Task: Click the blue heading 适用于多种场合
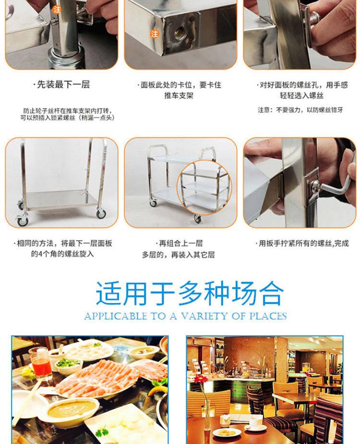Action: (x=190, y=293)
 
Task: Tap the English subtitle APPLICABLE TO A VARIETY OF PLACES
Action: (x=185, y=316)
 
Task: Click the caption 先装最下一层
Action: (x=61, y=85)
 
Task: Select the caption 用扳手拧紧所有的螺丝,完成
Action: (x=302, y=243)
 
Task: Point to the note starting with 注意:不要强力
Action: (x=300, y=110)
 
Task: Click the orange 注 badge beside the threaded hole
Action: (x=155, y=34)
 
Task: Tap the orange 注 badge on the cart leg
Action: (x=57, y=10)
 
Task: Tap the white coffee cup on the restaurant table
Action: (x=255, y=421)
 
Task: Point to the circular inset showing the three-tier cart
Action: (x=204, y=187)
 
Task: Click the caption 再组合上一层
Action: (x=180, y=243)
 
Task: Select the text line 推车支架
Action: (x=179, y=96)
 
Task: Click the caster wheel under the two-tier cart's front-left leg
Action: (x=153, y=203)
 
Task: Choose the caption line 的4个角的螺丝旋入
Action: (x=62, y=254)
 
